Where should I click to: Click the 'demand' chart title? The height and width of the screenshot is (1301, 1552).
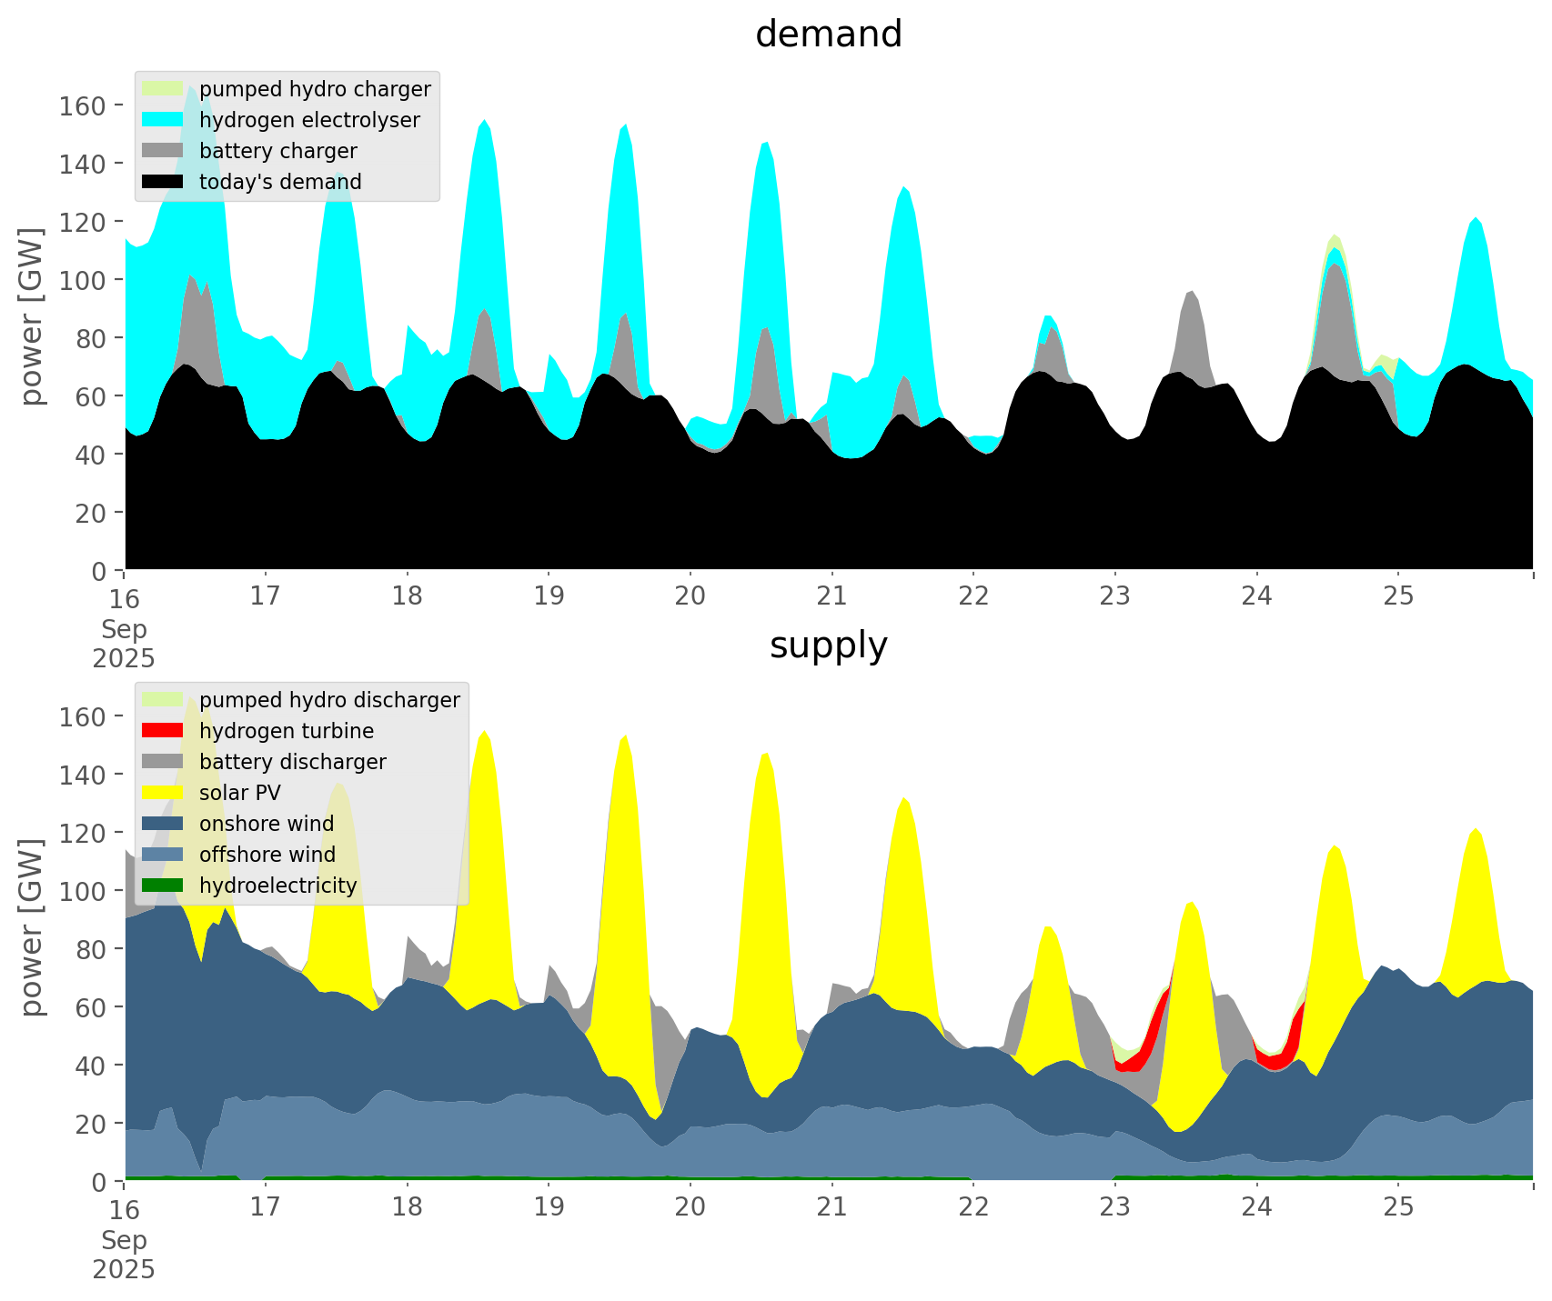click(828, 35)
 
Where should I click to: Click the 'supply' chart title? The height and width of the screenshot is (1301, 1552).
click(828, 645)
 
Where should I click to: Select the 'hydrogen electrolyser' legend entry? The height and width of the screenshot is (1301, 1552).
click(309, 120)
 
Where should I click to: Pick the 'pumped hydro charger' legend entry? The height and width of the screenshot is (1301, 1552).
click(315, 89)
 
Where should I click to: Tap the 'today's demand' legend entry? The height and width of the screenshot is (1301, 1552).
click(280, 182)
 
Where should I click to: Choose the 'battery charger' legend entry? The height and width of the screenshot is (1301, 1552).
click(277, 151)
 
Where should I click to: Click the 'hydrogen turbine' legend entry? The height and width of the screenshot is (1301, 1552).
click(286, 731)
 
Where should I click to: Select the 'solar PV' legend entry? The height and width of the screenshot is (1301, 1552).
click(239, 793)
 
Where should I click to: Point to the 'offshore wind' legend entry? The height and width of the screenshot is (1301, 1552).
click(267, 855)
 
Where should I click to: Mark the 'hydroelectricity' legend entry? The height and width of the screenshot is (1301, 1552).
click(277, 886)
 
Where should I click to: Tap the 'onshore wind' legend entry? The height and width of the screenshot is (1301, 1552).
click(266, 824)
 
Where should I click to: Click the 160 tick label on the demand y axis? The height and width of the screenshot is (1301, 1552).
click(83, 105)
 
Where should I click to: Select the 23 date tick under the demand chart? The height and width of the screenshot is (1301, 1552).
click(1115, 596)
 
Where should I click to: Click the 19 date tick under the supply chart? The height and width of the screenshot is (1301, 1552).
click(549, 1207)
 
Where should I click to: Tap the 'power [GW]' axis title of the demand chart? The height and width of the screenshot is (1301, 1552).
click(33, 316)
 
